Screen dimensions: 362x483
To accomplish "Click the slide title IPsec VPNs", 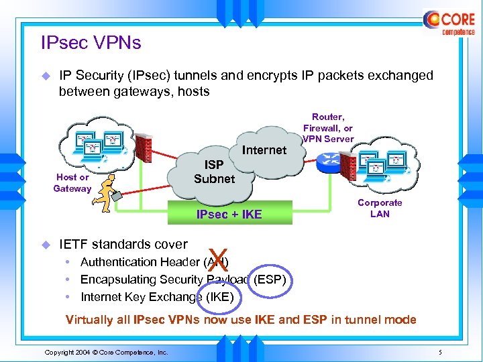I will (91, 44).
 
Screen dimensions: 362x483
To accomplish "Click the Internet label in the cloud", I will (264, 150).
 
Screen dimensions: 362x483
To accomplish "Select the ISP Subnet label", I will (214, 172).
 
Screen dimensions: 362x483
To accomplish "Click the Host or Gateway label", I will (72, 183).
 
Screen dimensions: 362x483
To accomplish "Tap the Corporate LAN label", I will (380, 208).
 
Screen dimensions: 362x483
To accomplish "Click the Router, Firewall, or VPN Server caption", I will (328, 128).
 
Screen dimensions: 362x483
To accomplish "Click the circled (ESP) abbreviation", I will (270, 280).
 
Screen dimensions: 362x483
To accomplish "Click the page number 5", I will (439, 352).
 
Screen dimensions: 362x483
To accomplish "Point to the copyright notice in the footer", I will (106, 352).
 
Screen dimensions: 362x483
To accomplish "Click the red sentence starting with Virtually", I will (241, 320).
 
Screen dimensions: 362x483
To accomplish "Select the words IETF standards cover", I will (123, 244).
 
